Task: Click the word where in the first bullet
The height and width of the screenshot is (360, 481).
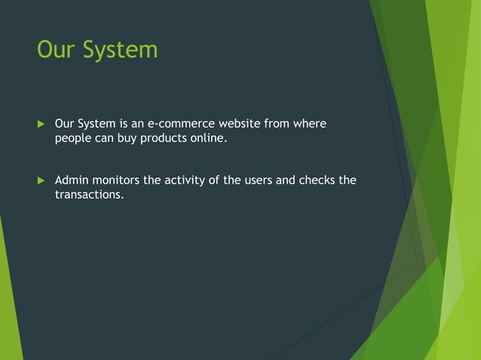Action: [310, 123]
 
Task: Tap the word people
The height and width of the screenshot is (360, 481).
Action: [73, 139]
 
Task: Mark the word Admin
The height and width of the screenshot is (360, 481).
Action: [72, 180]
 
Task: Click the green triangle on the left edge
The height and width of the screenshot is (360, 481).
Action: [9, 301]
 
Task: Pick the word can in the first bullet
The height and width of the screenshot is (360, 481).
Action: [105, 139]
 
